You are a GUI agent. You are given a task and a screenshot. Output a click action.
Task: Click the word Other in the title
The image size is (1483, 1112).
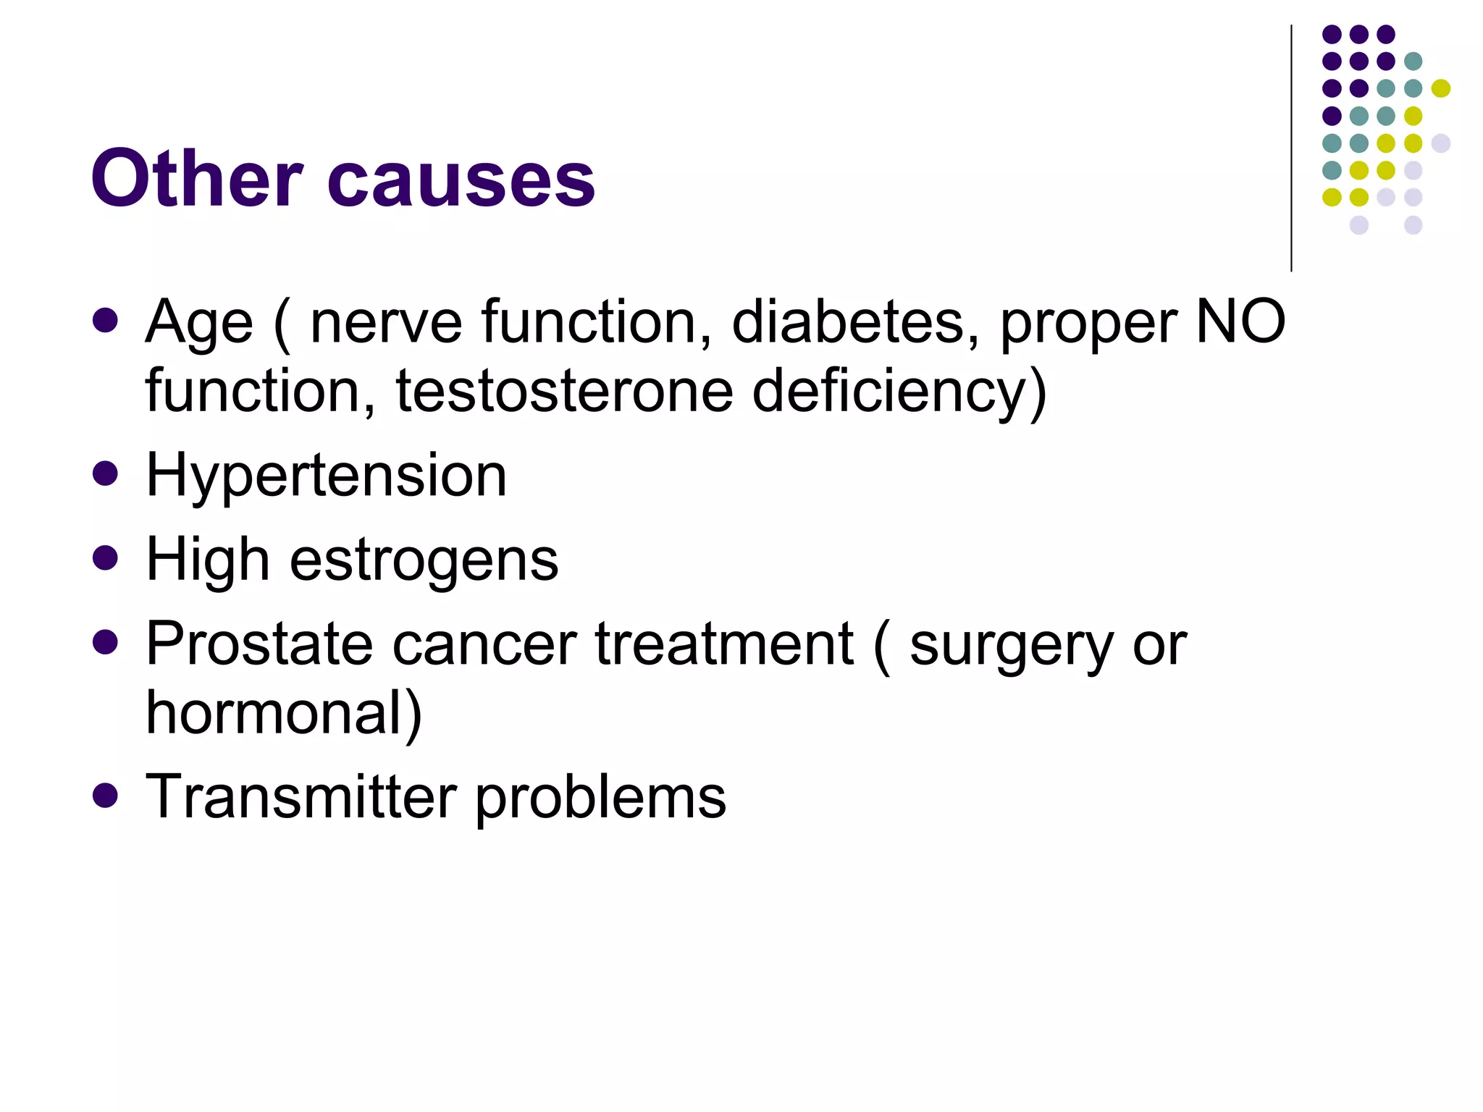pos(196,178)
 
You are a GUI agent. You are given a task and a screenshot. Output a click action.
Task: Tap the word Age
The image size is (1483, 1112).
pos(199,323)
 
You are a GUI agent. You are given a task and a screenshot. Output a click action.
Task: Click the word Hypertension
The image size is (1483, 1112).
pos(326,476)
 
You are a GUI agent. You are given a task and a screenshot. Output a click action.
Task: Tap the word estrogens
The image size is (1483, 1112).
pos(424,561)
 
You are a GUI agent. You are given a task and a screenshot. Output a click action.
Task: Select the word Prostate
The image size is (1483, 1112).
pos(261,644)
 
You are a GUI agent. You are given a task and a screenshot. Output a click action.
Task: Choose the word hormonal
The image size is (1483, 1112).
pos(283,713)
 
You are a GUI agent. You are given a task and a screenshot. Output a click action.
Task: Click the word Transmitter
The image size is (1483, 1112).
pos(301,797)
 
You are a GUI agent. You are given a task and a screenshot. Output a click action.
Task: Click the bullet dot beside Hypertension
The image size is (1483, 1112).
pos(106,473)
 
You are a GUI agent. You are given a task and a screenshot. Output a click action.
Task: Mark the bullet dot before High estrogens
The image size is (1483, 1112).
pos(106,558)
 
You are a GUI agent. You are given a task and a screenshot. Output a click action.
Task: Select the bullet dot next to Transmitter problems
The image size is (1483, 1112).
pos(106,795)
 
